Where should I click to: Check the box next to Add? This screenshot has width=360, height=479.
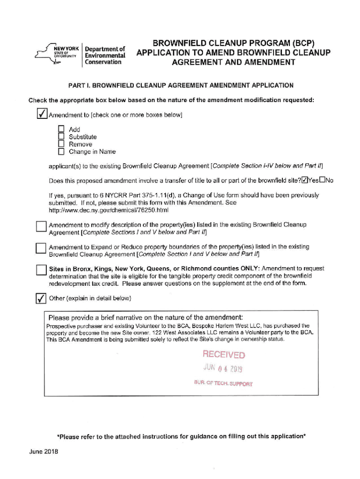coord(61,129)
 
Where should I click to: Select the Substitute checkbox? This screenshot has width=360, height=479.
coord(61,137)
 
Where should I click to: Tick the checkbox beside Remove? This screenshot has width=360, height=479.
coord(61,144)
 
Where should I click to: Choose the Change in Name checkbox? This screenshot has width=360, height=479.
coord(61,152)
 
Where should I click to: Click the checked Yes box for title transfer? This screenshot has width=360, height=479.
coord(305,181)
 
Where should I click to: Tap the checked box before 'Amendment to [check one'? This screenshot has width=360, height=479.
coord(41,114)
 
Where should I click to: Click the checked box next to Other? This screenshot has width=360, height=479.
coord(41,298)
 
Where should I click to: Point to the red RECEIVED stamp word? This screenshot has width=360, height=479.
coord(223,355)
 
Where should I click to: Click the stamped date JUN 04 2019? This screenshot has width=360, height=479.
coord(223,368)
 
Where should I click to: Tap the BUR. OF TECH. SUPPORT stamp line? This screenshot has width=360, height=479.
coord(223,383)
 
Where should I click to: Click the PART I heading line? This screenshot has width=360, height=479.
coord(180,86)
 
